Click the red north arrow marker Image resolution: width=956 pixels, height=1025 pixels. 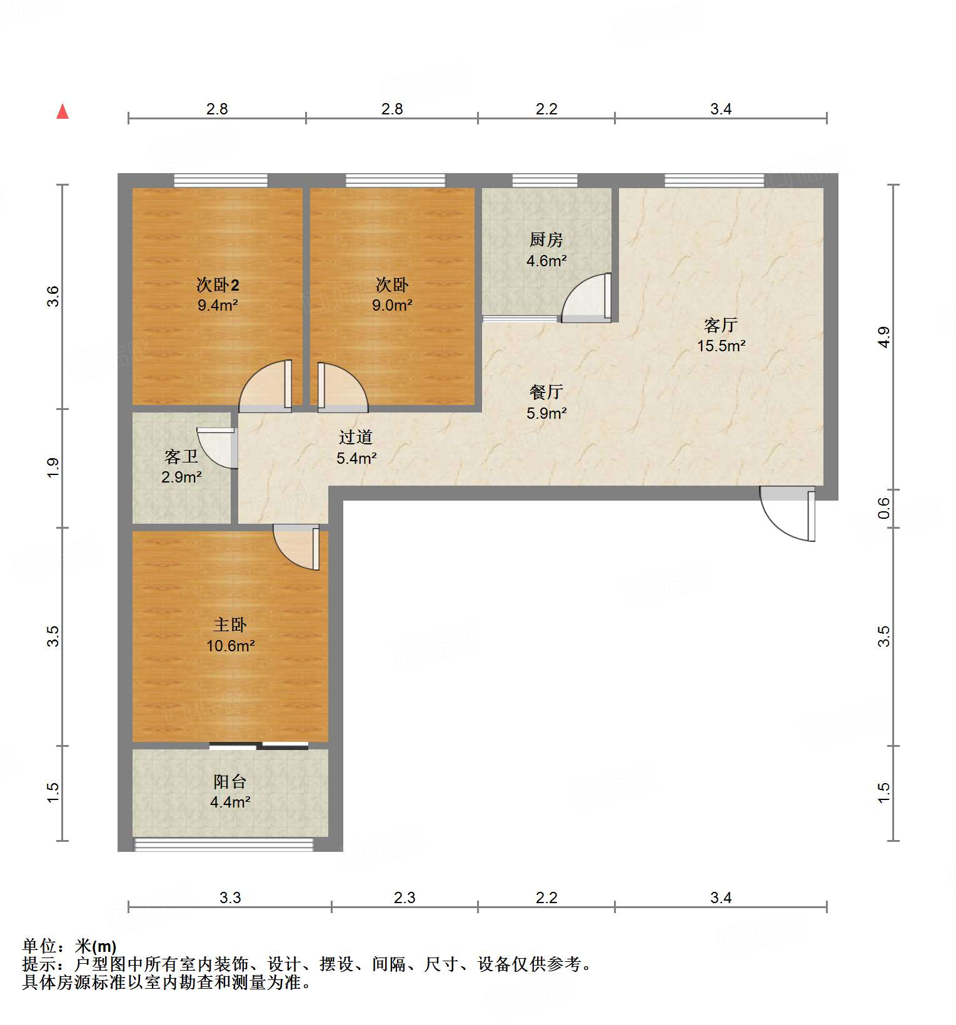[63, 111]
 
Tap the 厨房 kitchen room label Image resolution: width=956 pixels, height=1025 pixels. [546, 239]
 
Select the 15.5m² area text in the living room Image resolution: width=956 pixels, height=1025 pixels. [722, 346]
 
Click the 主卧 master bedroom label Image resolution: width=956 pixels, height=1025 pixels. [230, 624]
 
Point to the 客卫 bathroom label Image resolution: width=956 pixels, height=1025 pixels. [181, 457]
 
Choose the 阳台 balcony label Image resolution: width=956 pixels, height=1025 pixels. [230, 781]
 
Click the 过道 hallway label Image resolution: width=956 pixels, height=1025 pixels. [356, 437]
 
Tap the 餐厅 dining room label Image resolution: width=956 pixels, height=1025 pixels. [546, 392]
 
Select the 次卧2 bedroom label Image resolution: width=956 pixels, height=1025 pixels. [218, 285]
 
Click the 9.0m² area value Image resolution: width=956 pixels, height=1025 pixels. [392, 306]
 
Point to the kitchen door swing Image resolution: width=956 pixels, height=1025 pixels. [586, 297]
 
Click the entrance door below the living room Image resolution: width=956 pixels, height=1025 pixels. [788, 513]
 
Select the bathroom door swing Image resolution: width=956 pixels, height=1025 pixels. [216, 448]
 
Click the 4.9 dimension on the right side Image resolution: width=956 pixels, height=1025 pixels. [883, 337]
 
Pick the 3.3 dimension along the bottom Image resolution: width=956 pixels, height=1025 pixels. [230, 898]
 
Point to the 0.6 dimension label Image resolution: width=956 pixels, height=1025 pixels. [883, 508]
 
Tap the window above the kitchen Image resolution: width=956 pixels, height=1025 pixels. [545, 181]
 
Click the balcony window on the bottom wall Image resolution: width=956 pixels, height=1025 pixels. [224, 844]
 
